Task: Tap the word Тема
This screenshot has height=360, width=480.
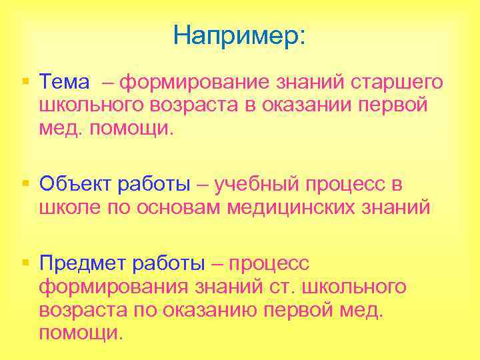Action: tap(64, 83)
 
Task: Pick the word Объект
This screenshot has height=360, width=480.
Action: tap(77, 184)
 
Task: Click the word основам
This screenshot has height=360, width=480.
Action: tap(179, 207)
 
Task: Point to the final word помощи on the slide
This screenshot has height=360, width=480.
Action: tap(81, 333)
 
